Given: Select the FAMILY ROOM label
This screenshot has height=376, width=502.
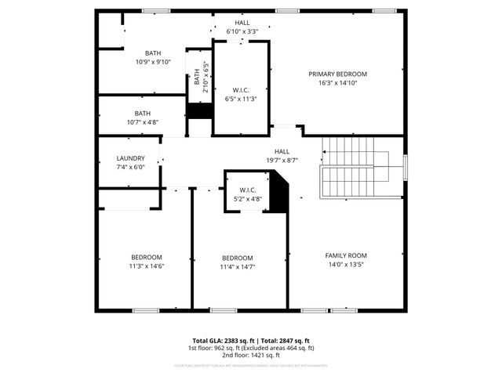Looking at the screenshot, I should click(346, 255).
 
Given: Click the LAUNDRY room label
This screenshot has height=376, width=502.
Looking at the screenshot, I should click(130, 158).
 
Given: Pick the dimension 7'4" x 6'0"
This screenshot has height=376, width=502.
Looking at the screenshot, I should click(130, 167).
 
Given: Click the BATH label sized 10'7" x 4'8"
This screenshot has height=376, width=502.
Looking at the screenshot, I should click(142, 114).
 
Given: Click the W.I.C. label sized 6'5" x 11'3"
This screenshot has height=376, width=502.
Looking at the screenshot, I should click(241, 91).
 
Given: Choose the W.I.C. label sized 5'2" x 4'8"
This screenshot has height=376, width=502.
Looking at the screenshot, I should click(248, 190).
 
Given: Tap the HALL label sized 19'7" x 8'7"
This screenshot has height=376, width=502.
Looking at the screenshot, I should click(282, 151).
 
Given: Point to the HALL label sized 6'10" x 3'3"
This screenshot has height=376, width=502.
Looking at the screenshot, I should click(242, 23).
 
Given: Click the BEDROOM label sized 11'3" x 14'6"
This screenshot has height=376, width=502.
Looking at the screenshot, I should click(147, 258).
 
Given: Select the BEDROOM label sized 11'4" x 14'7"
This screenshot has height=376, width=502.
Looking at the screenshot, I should click(237, 258).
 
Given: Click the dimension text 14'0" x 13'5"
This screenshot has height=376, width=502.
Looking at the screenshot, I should click(346, 265).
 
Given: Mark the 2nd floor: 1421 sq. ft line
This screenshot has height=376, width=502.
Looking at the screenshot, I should click(250, 355).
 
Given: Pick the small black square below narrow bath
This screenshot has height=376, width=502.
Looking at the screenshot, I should click(199, 111).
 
